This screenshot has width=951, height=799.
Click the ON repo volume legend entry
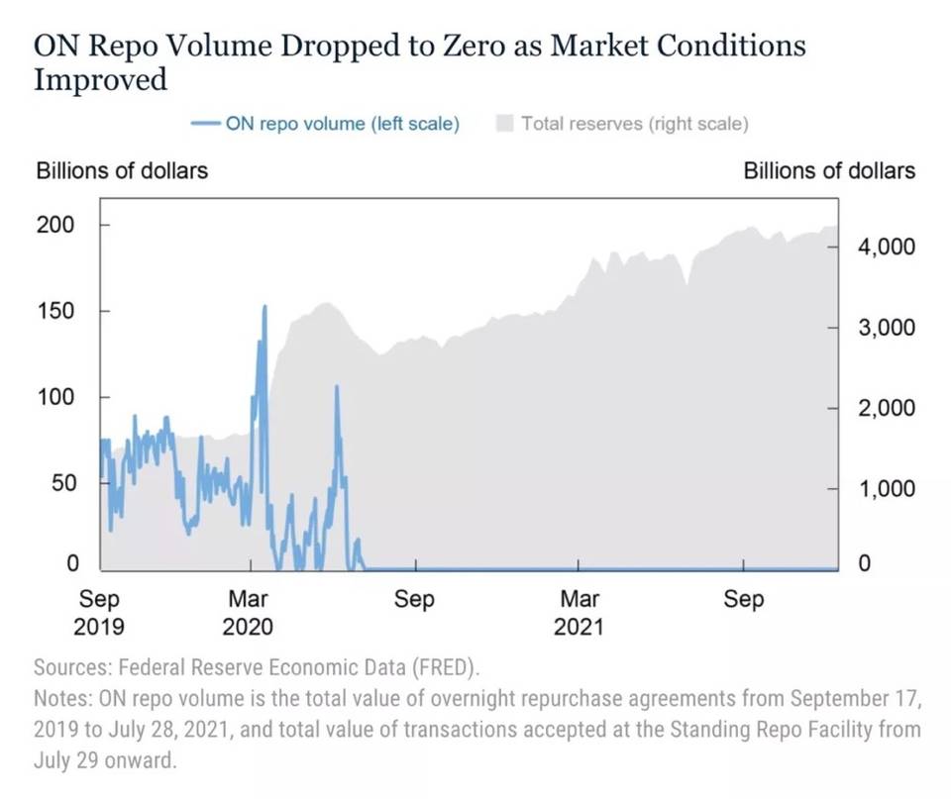[x=326, y=125]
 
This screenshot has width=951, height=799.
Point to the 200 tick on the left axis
[x=55, y=225]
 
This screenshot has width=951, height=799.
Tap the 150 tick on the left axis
[x=55, y=311]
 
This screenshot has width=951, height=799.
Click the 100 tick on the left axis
[x=55, y=397]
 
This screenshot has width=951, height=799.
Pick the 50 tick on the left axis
[x=61, y=483]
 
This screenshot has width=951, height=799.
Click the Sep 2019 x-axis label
[x=99, y=613]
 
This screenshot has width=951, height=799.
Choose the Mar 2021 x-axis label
[x=580, y=613]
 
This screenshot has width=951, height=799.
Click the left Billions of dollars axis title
[x=122, y=170]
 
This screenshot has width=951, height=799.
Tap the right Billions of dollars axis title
[x=829, y=170]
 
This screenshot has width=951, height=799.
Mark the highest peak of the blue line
[x=264, y=307]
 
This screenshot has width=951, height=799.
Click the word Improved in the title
[x=100, y=80]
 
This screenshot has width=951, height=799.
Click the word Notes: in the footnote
[x=63, y=698]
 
